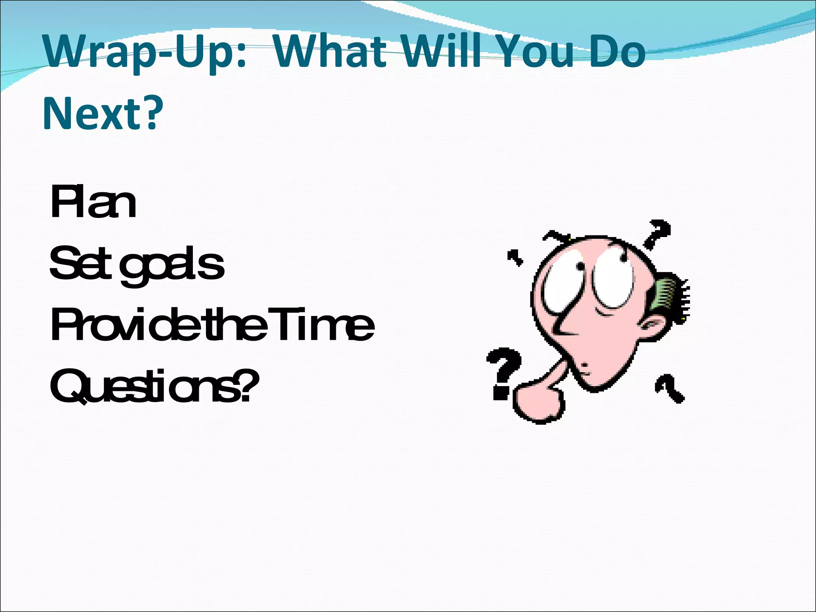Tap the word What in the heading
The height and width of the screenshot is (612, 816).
(x=330, y=52)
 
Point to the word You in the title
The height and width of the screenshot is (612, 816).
(x=535, y=52)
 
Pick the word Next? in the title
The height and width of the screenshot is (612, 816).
(x=103, y=113)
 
